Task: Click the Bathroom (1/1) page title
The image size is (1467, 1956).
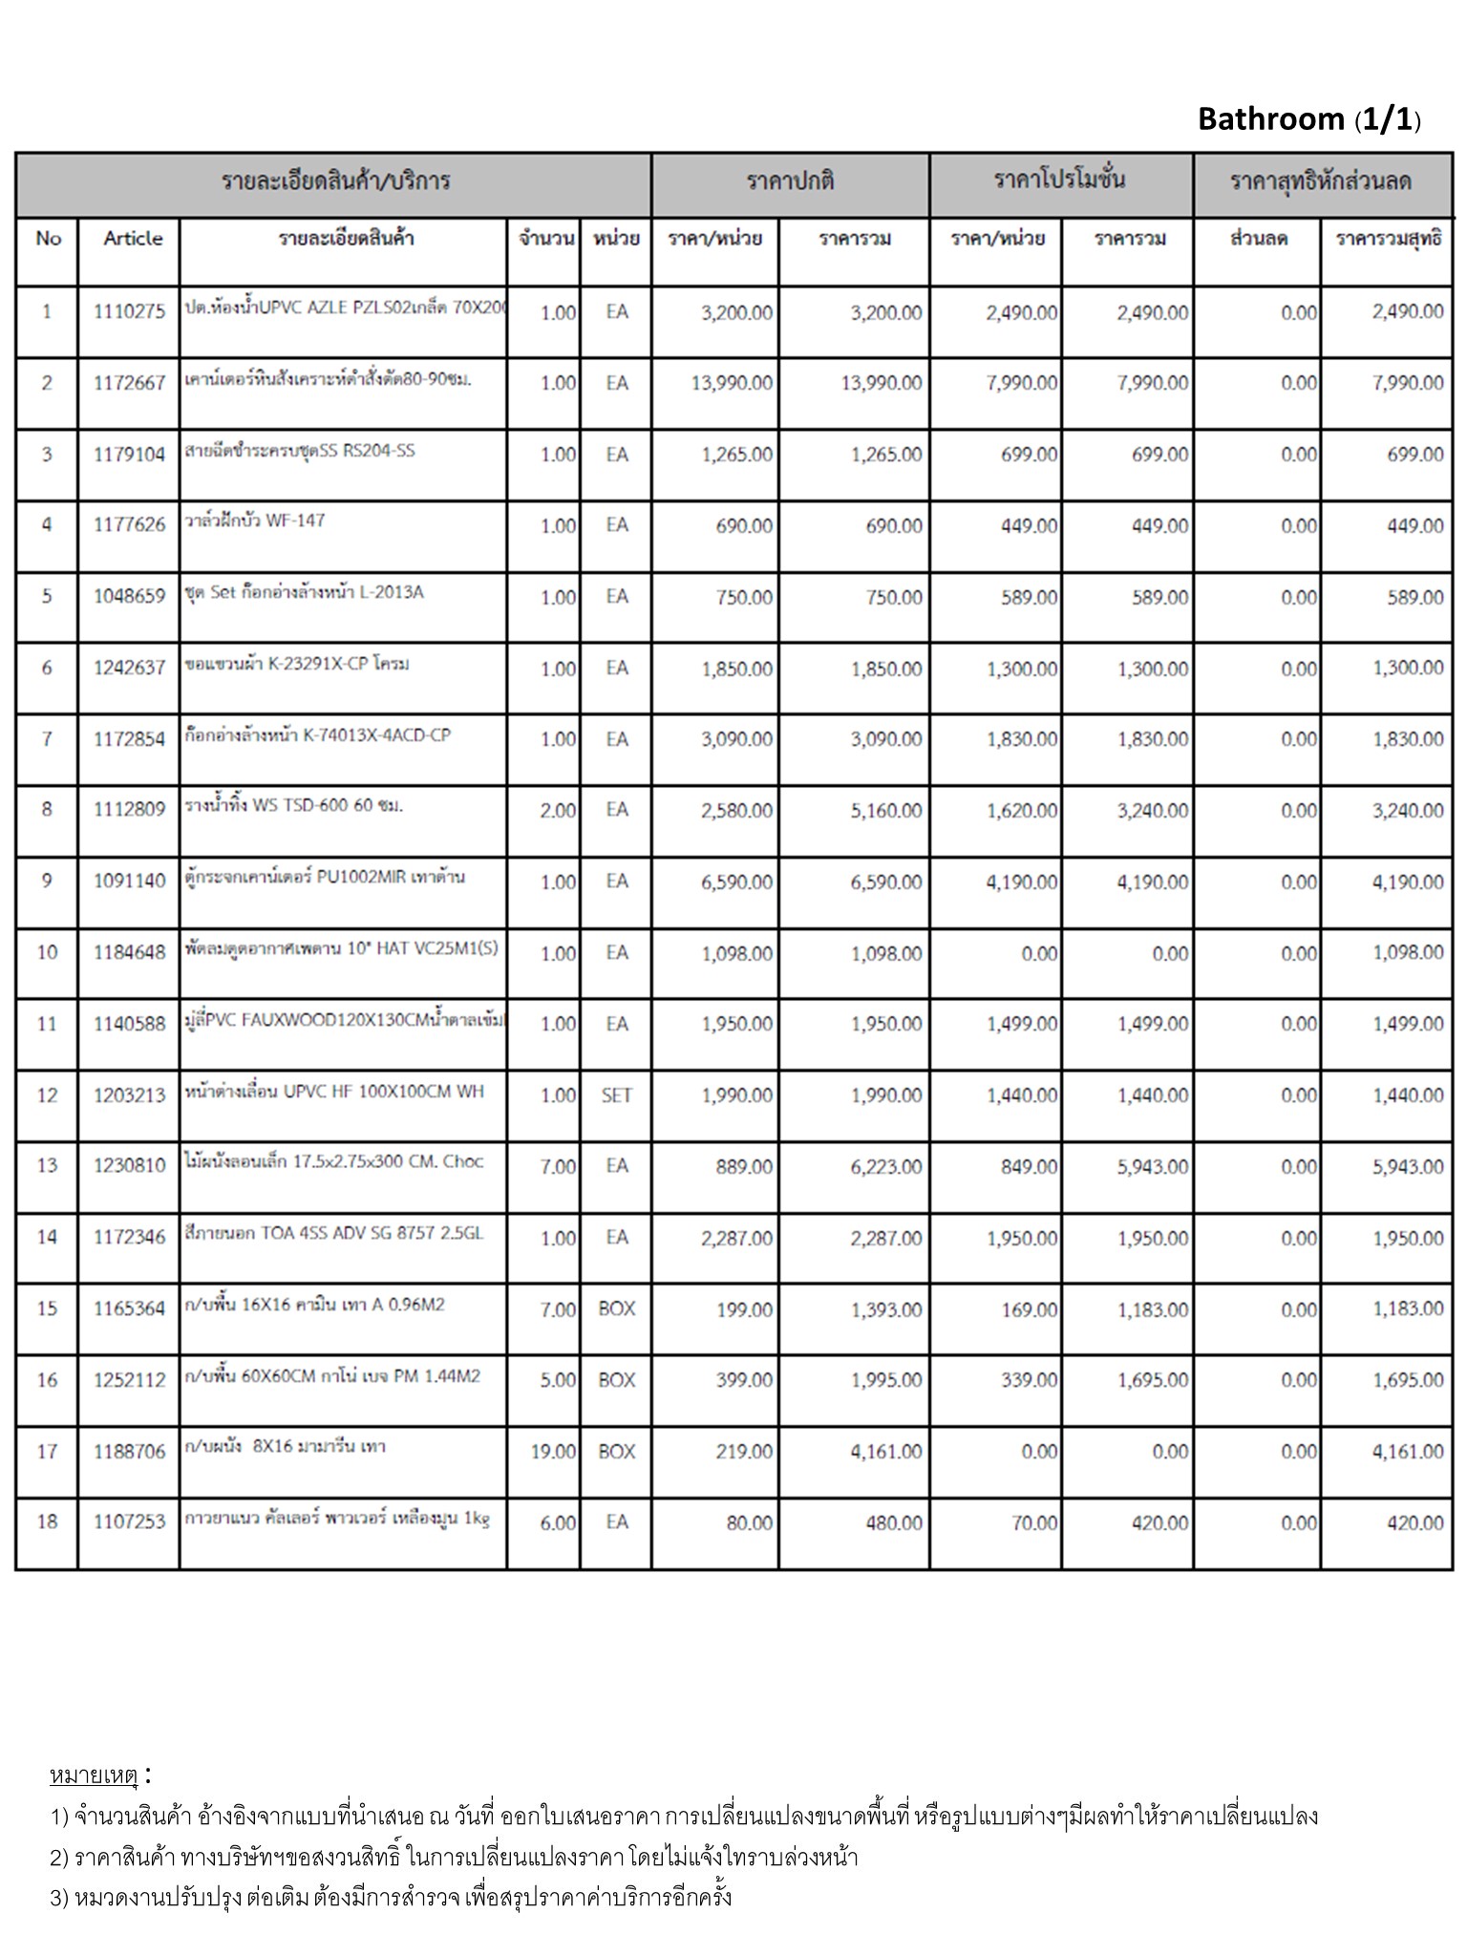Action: coord(1308,119)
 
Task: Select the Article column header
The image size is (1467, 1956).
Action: coord(133,239)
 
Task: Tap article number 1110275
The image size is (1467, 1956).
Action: coord(129,311)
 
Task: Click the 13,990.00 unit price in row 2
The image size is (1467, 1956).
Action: coord(732,383)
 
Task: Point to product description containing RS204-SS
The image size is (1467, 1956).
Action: coord(300,451)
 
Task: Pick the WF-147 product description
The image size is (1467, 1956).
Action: coord(255,521)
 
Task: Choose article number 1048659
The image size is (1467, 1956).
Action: coord(129,597)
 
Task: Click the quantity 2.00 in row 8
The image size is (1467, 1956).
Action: coord(558,811)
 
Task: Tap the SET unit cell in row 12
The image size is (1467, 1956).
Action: coord(616,1095)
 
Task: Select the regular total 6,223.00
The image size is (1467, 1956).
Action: coord(886,1167)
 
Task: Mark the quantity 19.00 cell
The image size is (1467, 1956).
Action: coord(554,1452)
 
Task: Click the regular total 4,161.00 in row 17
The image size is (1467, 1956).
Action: coord(886,1452)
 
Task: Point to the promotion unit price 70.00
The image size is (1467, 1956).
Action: coord(1034,1523)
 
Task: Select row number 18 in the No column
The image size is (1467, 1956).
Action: coord(47,1521)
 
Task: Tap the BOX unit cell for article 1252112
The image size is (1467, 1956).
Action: coord(616,1380)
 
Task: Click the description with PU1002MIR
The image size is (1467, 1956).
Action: coord(325,877)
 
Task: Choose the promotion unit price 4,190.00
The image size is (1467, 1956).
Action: coord(1022,882)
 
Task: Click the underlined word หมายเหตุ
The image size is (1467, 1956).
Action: coord(94,1776)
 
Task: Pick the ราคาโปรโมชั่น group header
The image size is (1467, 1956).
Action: coord(1059,181)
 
